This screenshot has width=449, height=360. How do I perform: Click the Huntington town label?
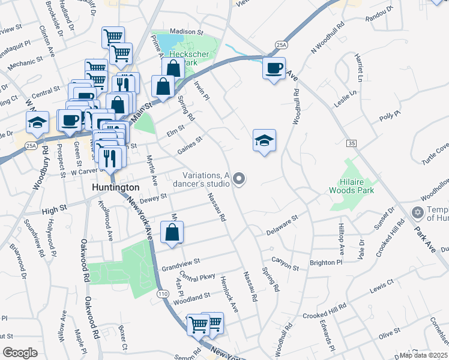pyautogui.click(x=116, y=187)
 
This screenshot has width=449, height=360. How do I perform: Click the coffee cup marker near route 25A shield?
pyautogui.click(x=274, y=69)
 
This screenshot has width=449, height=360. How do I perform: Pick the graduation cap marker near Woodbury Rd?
pyautogui.click(x=37, y=124)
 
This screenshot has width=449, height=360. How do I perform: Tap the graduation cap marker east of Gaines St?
pyautogui.click(x=264, y=142)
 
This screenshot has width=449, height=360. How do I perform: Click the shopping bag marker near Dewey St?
pyautogui.click(x=172, y=233)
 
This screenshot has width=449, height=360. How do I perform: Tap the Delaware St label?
pyautogui.click(x=282, y=223)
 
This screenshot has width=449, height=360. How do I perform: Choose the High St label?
pyautogui.click(x=53, y=211)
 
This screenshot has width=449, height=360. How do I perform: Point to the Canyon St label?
pyautogui.click(x=285, y=263)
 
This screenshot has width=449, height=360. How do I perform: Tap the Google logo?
pyautogui.click(x=20, y=353)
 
